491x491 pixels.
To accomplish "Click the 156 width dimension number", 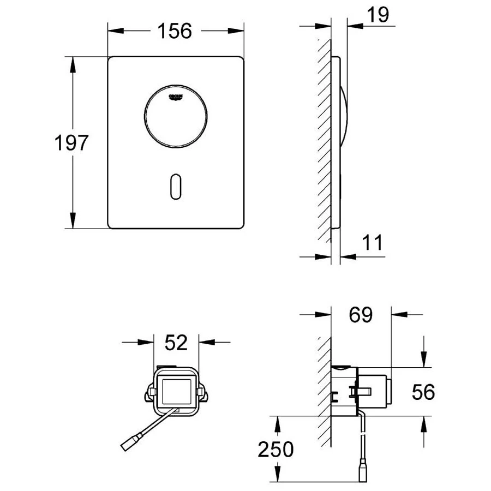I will point(175,31).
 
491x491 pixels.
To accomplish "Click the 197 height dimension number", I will point(71,143).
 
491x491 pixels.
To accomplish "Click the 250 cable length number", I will point(276,450).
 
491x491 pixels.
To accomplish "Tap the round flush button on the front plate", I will point(176,117).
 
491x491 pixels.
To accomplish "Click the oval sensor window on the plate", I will point(176,187).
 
